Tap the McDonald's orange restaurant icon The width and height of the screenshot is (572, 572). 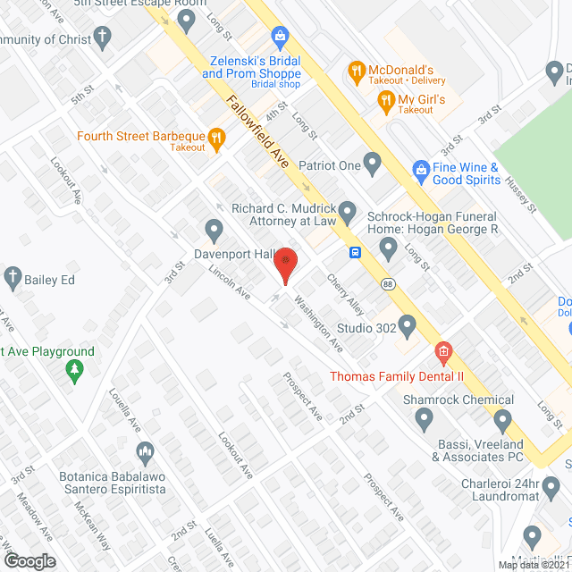(356, 70)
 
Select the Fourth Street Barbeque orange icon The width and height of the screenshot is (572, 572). (216, 137)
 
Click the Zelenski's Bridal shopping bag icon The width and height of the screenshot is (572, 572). (280, 38)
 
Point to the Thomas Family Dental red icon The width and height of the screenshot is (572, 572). (442, 354)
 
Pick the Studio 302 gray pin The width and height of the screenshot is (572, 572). (408, 327)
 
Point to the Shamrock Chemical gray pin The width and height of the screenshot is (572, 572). (502, 417)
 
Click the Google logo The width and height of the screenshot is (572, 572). (29, 561)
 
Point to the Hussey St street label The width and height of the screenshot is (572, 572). (517, 193)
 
